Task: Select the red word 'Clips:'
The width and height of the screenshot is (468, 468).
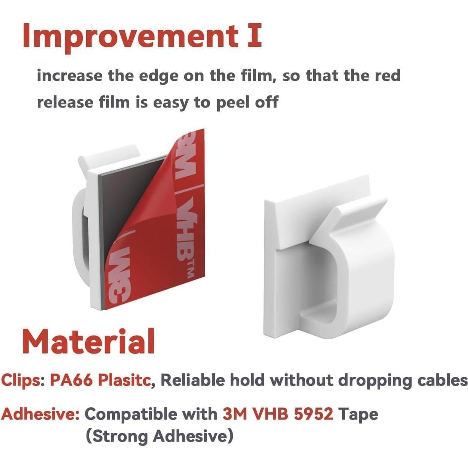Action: (23, 380)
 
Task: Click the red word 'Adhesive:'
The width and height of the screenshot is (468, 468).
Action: (40, 414)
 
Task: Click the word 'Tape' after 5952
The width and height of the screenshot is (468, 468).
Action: (358, 415)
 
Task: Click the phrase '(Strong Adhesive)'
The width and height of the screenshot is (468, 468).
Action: (159, 436)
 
